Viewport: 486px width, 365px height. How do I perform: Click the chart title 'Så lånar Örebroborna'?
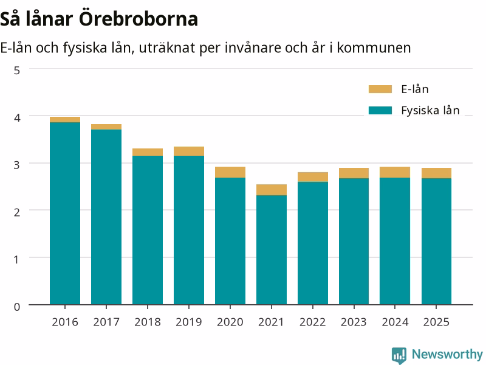pos(99,19)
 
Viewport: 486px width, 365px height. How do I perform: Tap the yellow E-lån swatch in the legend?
pos(380,89)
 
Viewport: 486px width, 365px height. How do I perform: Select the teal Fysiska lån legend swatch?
pos(380,110)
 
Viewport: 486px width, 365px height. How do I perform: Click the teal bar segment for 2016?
pos(65,214)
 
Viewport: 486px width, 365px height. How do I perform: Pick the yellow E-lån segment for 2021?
pos(272,190)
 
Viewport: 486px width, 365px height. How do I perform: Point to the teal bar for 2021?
pos(272,250)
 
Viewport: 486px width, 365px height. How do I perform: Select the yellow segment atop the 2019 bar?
pos(189,151)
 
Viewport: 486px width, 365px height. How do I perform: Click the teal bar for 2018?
pos(148,230)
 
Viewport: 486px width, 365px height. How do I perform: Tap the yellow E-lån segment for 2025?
pos(436,173)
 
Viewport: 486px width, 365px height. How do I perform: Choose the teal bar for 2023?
pos(354,241)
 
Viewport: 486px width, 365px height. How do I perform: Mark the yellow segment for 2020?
pos(230,172)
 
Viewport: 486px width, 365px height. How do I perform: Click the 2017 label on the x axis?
pos(106,322)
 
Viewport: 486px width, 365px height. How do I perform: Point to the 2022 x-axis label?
pos(312,322)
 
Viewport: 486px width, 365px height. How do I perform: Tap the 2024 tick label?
pos(395,322)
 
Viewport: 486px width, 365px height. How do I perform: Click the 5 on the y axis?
pos(17,71)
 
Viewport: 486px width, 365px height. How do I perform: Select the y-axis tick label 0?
pos(17,307)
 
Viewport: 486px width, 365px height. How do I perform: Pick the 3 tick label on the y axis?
pos(17,165)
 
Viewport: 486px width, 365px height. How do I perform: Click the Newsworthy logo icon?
pos(399,355)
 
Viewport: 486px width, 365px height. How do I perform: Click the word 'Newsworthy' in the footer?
pos(447,354)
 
